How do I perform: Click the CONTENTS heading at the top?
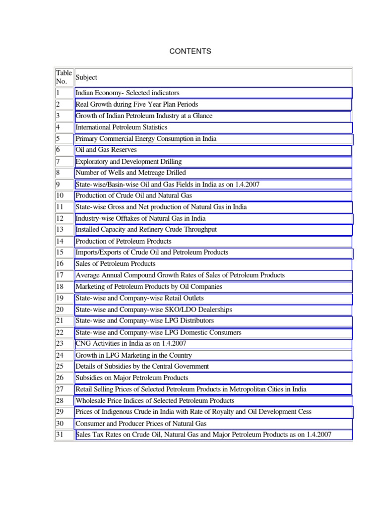pyautogui.click(x=190, y=51)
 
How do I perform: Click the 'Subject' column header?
pyautogui.click(x=86, y=77)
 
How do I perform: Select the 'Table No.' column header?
pyautogui.click(x=64, y=77)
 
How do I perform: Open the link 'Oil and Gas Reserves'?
pyautogui.click(x=106, y=150)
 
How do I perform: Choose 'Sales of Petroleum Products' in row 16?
pyautogui.click(x=115, y=264)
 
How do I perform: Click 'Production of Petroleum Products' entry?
pyautogui.click(x=123, y=241)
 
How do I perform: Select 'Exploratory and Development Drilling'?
pyautogui.click(x=128, y=162)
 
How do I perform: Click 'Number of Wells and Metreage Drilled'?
pyautogui.click(x=130, y=173)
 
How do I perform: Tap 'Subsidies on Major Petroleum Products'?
pyautogui.click(x=131, y=378)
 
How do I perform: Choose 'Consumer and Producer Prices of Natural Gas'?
pyautogui.click(x=141, y=424)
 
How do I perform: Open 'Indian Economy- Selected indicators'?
pyautogui.click(x=127, y=93)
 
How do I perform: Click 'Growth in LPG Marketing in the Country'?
pyautogui.click(x=133, y=355)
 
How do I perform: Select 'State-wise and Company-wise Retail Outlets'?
pyautogui.click(x=139, y=298)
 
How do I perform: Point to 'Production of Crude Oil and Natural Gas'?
pyautogui.click(x=133, y=195)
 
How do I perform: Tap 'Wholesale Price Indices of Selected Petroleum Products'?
pyautogui.click(x=154, y=401)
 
